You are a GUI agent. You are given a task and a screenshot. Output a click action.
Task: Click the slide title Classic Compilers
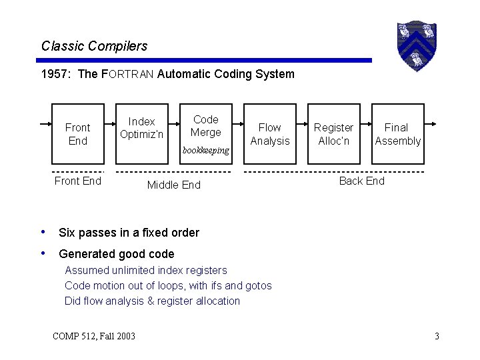[x=94, y=46]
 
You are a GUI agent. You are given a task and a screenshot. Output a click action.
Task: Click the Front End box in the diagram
[x=78, y=133]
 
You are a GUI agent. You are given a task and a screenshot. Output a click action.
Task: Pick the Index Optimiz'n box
[x=141, y=128]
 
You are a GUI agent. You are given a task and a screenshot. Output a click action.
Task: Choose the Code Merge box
[x=205, y=126]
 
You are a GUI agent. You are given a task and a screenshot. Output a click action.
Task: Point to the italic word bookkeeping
[x=205, y=151]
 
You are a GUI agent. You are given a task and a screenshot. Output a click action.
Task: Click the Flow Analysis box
[x=270, y=133]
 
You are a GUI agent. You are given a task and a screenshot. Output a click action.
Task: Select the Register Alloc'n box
[x=333, y=133]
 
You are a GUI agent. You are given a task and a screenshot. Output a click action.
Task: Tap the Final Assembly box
[x=397, y=133]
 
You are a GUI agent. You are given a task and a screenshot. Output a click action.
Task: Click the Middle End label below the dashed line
[x=173, y=185]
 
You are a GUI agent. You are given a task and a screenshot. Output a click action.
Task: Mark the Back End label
[x=361, y=181]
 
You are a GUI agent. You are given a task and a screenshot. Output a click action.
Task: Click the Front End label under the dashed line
[x=78, y=181]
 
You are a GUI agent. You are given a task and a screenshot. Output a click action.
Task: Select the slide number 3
[x=437, y=335]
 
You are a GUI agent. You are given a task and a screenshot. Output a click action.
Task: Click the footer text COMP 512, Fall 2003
[x=93, y=335]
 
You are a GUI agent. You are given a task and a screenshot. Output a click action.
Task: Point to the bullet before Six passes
[x=43, y=232]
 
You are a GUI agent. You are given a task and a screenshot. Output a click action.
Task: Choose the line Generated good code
[x=117, y=253]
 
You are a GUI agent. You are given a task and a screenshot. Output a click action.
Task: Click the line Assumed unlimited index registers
[x=145, y=270]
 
